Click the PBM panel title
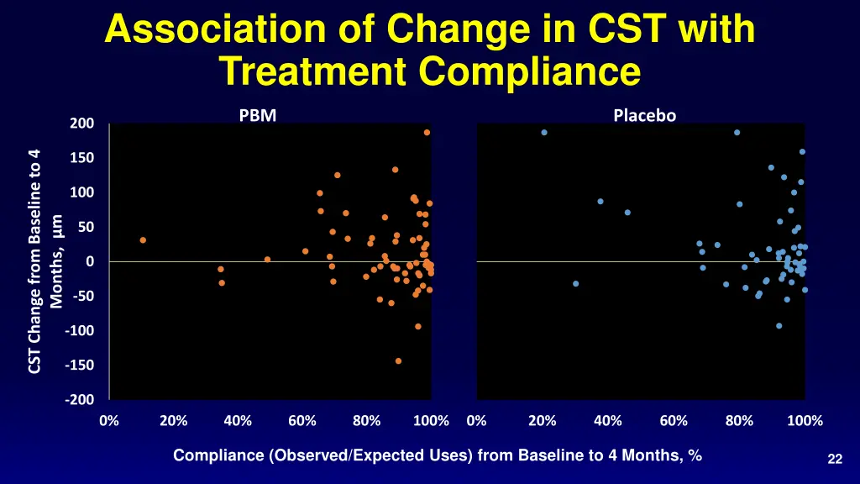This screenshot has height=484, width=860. click(x=257, y=116)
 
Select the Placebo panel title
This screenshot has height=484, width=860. click(x=644, y=116)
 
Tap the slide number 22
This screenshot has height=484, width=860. click(x=834, y=458)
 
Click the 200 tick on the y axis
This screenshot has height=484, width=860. click(x=82, y=124)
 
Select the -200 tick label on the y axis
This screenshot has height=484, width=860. click(x=81, y=400)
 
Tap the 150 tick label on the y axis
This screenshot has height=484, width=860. click(x=82, y=159)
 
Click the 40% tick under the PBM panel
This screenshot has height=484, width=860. click(x=238, y=420)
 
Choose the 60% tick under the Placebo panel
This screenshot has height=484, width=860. click(x=673, y=420)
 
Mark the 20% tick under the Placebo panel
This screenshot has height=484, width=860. click(x=543, y=420)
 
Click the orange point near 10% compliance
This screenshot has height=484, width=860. click(x=143, y=240)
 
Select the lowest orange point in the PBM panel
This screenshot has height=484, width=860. click(x=398, y=361)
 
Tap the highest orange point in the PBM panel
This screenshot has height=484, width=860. click(x=427, y=133)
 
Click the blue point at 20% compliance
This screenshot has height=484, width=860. click(x=544, y=133)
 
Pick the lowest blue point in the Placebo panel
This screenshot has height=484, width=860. click(x=779, y=326)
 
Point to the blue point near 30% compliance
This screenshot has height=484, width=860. click(x=575, y=284)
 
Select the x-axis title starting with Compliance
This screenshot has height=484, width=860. click(x=437, y=455)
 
